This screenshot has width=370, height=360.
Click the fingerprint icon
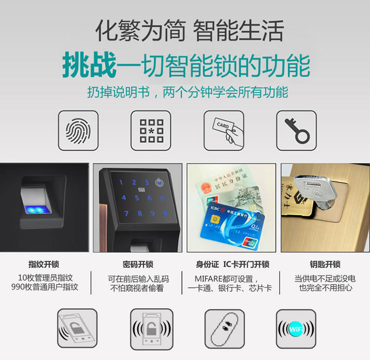click(78, 130)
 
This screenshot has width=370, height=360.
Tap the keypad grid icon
click(151, 130)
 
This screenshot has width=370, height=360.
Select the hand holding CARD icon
click(224, 130)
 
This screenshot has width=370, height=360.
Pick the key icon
click(296, 130)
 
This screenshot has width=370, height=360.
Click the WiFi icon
click(296, 329)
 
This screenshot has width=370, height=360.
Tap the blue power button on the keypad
click(159, 183)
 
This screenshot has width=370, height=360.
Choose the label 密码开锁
click(137, 265)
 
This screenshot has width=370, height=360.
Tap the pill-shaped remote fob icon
click(223, 329)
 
